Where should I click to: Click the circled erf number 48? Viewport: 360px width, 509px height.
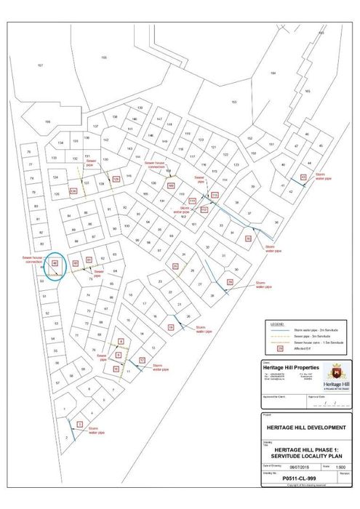(54, 263)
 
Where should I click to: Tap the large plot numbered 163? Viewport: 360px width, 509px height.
(234, 102)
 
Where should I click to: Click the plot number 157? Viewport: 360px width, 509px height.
(41, 65)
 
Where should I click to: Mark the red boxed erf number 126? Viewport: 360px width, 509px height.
(73, 191)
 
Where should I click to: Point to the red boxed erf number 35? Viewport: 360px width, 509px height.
(248, 238)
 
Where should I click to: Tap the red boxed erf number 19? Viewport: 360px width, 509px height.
(170, 327)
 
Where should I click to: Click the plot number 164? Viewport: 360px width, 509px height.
(273, 73)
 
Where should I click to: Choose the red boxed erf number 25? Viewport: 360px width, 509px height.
(175, 267)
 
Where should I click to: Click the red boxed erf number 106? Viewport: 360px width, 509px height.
(171, 186)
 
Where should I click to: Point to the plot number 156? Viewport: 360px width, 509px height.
(48, 122)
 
